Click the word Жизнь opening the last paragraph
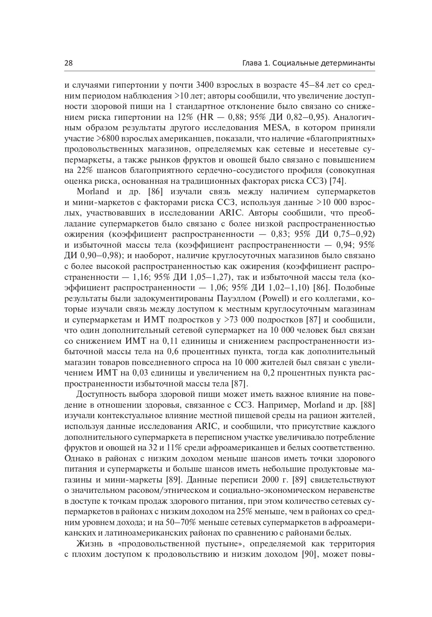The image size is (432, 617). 89,544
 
